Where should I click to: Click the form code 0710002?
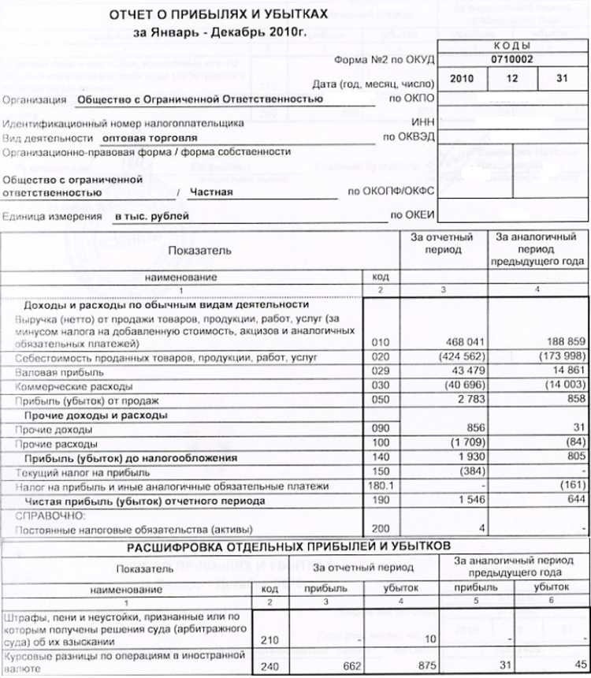coord(511,59)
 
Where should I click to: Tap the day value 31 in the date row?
coord(561,80)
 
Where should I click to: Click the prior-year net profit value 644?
coord(572,501)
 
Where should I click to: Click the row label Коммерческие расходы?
coord(65,386)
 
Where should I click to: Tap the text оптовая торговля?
coord(156,136)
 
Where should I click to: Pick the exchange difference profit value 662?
coord(324,666)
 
